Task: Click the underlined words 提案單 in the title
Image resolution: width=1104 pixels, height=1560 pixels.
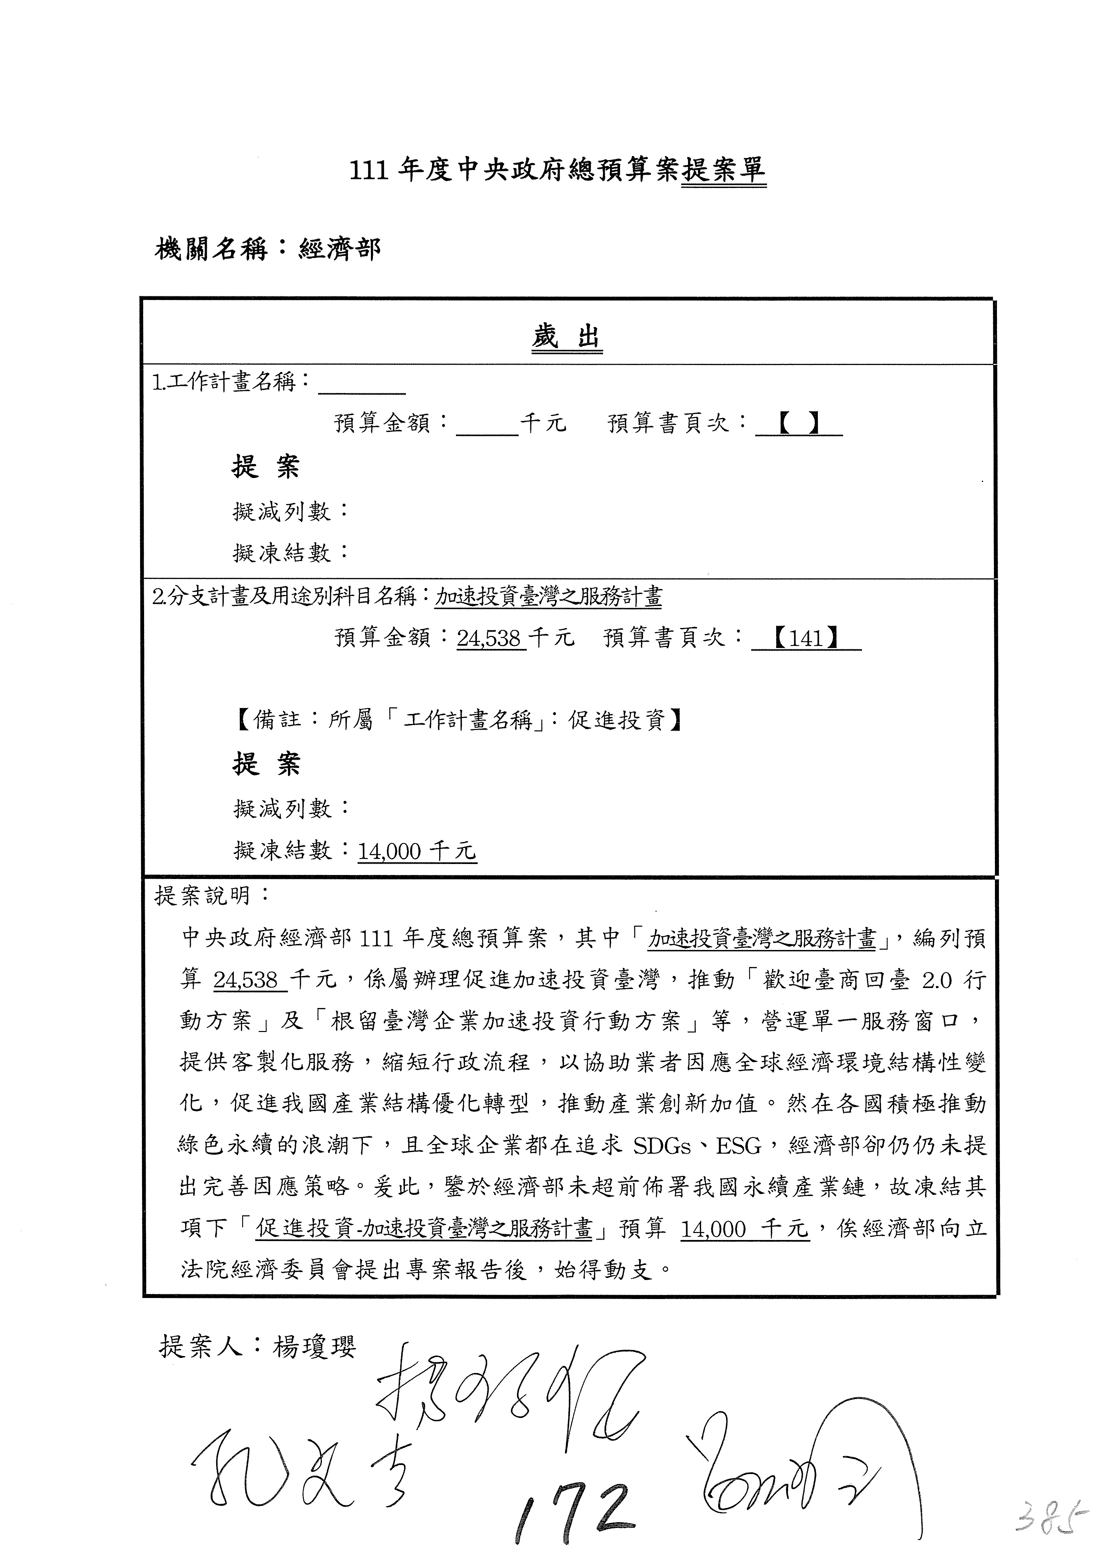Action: (723, 170)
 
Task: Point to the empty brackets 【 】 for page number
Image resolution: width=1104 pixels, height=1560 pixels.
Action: (799, 424)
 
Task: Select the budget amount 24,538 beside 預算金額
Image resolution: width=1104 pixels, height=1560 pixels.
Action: (489, 639)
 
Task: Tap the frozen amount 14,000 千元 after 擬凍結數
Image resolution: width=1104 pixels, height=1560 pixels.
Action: (417, 851)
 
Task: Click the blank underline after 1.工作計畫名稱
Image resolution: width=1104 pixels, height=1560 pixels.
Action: (362, 386)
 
